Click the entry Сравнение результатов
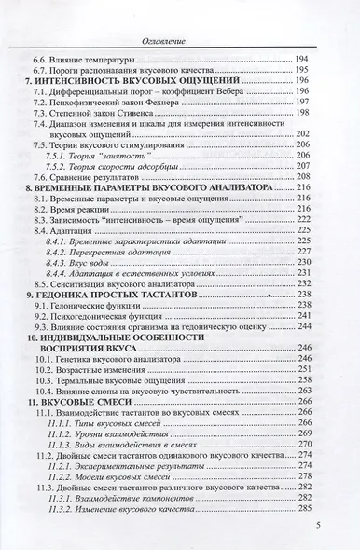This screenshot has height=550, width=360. pyautogui.click(x=103, y=175)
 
